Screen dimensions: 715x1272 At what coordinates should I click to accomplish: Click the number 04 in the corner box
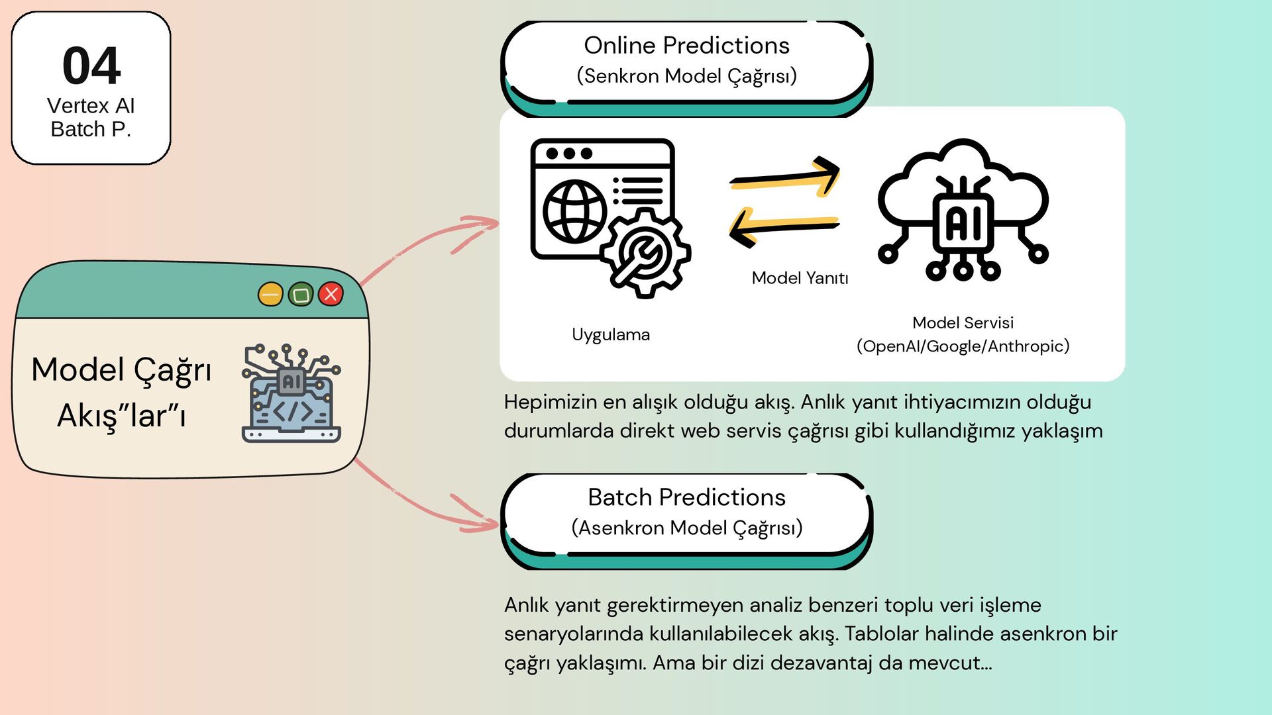tap(91, 66)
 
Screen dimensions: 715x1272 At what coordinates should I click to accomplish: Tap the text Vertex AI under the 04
tap(91, 106)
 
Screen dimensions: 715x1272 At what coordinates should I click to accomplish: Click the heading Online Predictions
tap(686, 46)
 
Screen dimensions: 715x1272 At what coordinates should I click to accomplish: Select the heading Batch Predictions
tap(686, 497)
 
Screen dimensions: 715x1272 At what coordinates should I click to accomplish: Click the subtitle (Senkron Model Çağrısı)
tap(686, 76)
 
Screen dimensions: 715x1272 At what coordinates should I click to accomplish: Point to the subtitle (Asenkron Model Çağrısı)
tap(686, 528)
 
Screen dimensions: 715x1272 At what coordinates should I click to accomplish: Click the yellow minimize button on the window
tap(270, 294)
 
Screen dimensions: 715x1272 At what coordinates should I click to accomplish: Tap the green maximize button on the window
tap(301, 294)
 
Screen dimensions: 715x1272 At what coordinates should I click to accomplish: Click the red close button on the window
tap(331, 294)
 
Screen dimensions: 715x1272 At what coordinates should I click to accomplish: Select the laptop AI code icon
tap(291, 393)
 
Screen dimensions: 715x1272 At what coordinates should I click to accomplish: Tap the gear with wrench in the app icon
tap(645, 253)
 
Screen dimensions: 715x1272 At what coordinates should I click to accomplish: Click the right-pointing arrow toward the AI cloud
tap(786, 176)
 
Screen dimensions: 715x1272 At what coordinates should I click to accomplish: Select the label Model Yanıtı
tap(800, 278)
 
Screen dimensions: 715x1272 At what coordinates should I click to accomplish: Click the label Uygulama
tap(610, 335)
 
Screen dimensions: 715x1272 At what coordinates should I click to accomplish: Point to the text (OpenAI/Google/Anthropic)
tap(963, 346)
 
